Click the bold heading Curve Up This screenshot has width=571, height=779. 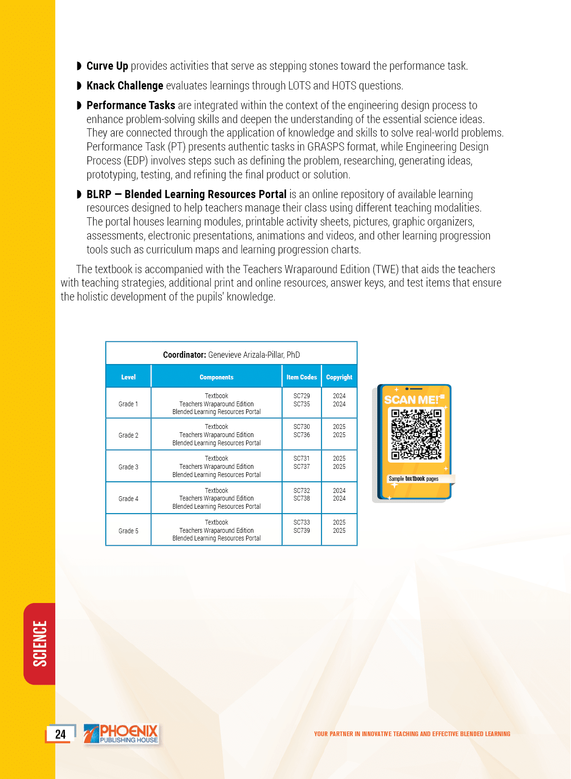point(107,66)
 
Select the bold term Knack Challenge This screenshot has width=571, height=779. point(124,86)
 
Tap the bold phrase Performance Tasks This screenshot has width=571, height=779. point(131,105)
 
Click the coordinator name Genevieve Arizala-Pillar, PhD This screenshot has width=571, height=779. point(254,355)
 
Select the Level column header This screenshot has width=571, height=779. point(128,377)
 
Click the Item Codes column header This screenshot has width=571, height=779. point(301,377)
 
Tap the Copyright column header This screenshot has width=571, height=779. point(339,377)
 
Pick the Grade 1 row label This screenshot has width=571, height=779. point(128,404)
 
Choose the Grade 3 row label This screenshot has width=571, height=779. point(128,467)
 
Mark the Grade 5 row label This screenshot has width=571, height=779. point(128,531)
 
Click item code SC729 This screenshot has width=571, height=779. point(301,396)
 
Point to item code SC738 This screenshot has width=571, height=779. point(301,499)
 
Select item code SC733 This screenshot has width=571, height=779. point(301,522)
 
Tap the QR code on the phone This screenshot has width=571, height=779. point(416,434)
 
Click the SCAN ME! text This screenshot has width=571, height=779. point(412,400)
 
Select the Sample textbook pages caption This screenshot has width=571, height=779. point(413,479)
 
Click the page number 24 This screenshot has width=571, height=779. point(60,734)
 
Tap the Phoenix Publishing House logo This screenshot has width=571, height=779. point(122,734)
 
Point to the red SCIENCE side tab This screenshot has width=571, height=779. point(40,643)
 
